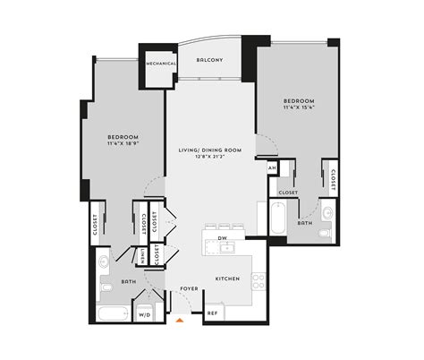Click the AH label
(271, 167)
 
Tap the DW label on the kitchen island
(224, 238)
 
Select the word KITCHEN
(228, 279)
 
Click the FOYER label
(188, 288)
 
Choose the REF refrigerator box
(213, 313)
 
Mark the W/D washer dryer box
(143, 314)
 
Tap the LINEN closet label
(142, 255)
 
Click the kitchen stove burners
(258, 281)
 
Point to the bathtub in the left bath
(113, 314)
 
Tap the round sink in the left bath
(105, 261)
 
